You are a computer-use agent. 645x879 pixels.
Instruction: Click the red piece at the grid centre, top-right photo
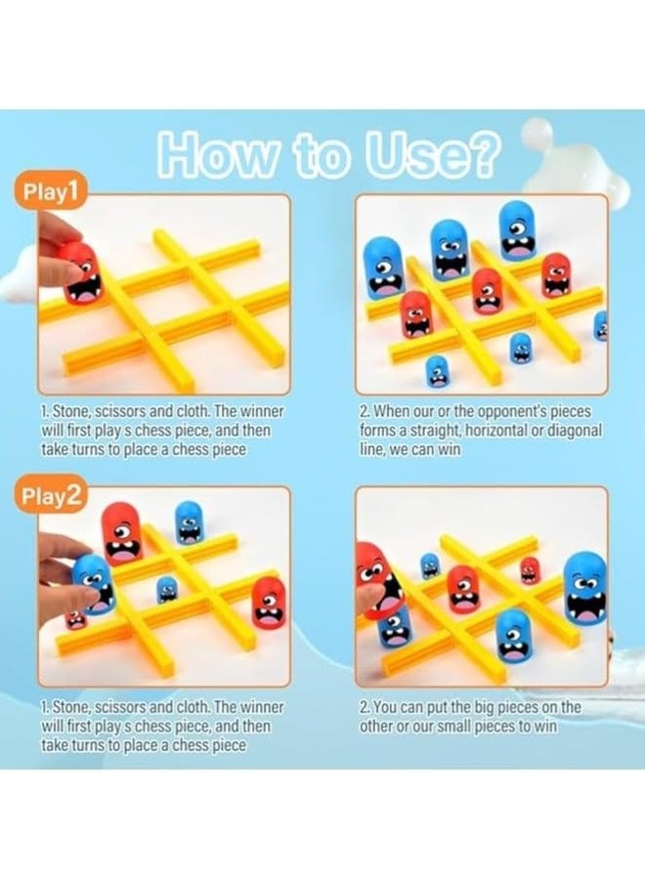(488, 290)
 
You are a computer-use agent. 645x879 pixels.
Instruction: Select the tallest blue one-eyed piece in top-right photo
(515, 231)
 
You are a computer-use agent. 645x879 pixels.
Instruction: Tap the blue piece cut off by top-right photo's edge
(600, 325)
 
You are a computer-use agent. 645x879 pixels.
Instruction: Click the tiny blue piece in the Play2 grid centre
(168, 590)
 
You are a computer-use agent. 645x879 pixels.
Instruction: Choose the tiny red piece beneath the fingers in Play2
(75, 619)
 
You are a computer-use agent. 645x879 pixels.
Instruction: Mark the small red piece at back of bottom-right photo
(529, 569)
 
